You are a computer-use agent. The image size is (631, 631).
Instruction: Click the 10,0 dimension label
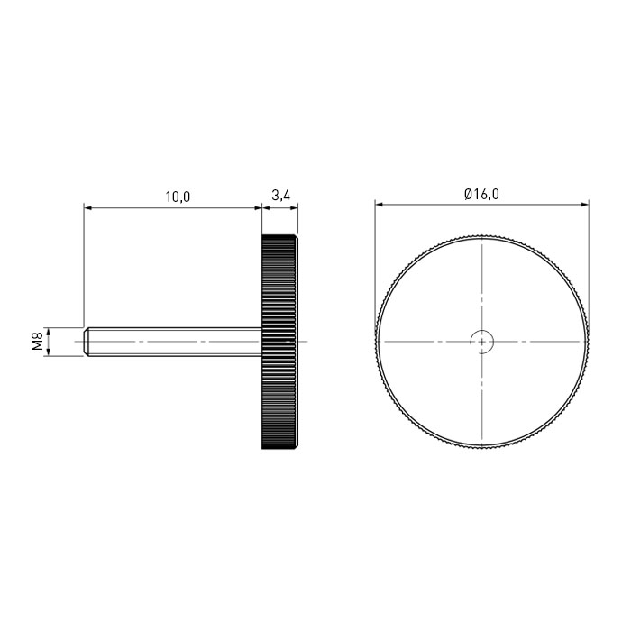coord(178,197)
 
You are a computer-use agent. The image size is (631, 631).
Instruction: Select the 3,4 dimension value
coord(280,196)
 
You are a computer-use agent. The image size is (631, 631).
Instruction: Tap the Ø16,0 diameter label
coord(481,195)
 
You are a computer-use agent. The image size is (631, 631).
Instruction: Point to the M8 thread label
coord(38,342)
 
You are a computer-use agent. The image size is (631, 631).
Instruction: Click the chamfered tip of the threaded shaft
coord(87,342)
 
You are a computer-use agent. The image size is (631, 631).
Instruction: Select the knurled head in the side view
coord(279,342)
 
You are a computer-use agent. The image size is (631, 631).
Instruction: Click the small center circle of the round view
coord(482,342)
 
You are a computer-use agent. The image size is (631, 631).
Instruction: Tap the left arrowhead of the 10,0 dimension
coord(87,208)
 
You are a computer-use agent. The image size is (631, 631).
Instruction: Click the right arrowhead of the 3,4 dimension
coord(295,208)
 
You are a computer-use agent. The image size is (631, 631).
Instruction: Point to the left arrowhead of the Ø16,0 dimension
coord(379,205)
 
